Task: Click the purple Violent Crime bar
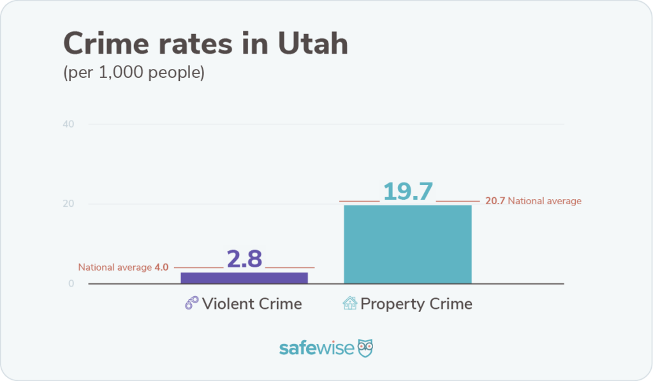tap(244, 278)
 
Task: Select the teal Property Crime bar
tap(407, 244)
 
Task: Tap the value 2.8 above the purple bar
tap(245, 258)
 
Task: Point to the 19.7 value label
tap(407, 191)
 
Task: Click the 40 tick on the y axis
tap(69, 124)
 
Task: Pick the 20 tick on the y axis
tap(69, 204)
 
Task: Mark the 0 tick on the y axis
tap(71, 284)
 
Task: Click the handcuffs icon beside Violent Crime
tap(191, 303)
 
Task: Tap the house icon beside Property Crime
tap(350, 303)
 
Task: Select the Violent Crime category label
tap(252, 304)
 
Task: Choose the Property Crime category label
tap(416, 304)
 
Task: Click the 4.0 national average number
tap(161, 267)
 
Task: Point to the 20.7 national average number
tap(495, 201)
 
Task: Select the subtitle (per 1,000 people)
tap(134, 73)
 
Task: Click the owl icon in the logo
tap(365, 348)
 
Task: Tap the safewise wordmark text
tap(316, 348)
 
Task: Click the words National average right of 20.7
tap(545, 201)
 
